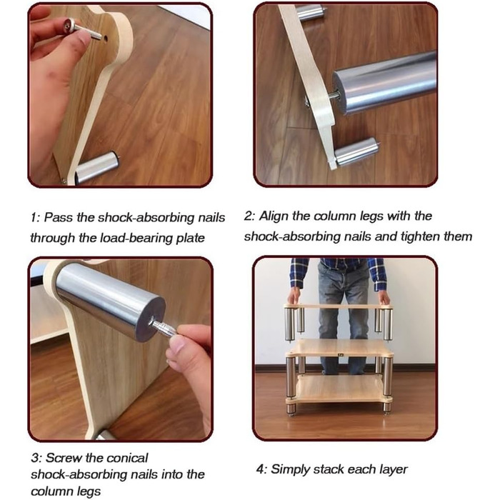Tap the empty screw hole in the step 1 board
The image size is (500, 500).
[105, 39]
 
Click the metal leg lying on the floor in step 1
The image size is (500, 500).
[97, 167]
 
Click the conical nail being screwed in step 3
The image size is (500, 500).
[163, 328]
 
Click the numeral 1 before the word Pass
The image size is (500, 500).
[34, 218]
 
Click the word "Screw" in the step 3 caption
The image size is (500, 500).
[64, 458]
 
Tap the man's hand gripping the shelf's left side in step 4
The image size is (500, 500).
[294, 296]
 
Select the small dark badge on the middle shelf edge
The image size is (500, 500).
[340, 354]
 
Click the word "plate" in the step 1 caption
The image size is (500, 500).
[190, 238]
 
